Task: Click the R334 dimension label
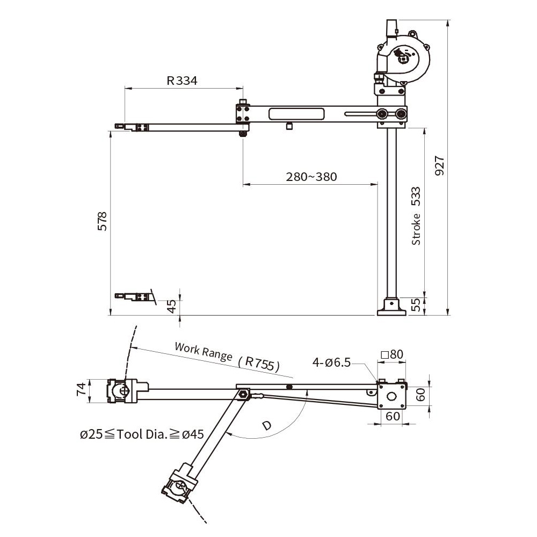coord(182,81)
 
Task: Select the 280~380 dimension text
coord(311,177)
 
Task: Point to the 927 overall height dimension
coord(439,166)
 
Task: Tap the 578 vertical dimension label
coord(103,221)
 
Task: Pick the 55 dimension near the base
coord(415,306)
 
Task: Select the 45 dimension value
coord(171,306)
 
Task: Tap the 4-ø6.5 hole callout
coord(331,362)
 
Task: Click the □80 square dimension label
coord(392,354)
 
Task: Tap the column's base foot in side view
coord(391,308)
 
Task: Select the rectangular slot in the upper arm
coord(297,114)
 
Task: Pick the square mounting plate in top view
coord(392,397)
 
